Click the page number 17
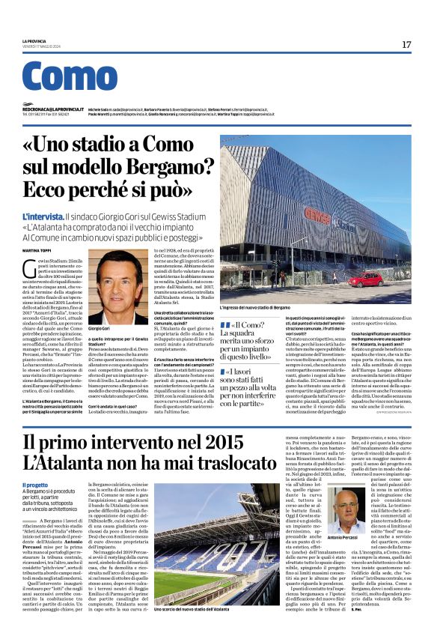pyautogui.click(x=406, y=45)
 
